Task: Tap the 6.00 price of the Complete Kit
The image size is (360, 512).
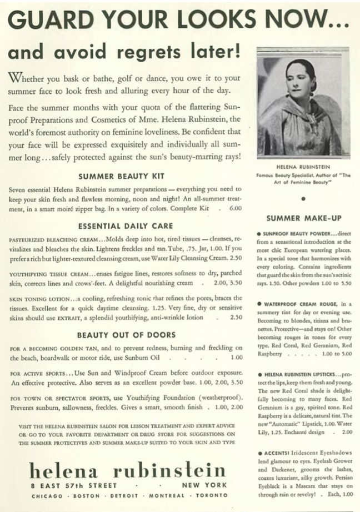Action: (x=236, y=209)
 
